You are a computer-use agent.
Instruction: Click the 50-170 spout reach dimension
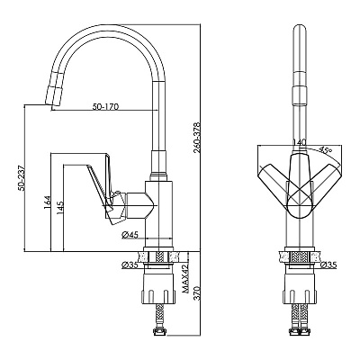(105, 106)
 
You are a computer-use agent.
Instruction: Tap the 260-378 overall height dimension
(196, 137)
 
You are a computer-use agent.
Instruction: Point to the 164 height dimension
(48, 202)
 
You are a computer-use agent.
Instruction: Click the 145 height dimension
(60, 208)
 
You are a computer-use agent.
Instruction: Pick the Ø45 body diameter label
(130, 235)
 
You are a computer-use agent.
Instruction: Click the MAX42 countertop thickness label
(185, 278)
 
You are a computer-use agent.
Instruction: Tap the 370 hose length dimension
(196, 292)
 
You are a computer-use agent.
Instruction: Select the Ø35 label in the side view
(130, 265)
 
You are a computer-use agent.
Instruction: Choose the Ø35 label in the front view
(328, 265)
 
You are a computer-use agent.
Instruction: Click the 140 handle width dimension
(299, 141)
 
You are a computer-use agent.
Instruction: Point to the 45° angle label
(325, 149)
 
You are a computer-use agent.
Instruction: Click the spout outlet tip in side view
(53, 105)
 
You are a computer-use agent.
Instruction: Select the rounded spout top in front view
(300, 30)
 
